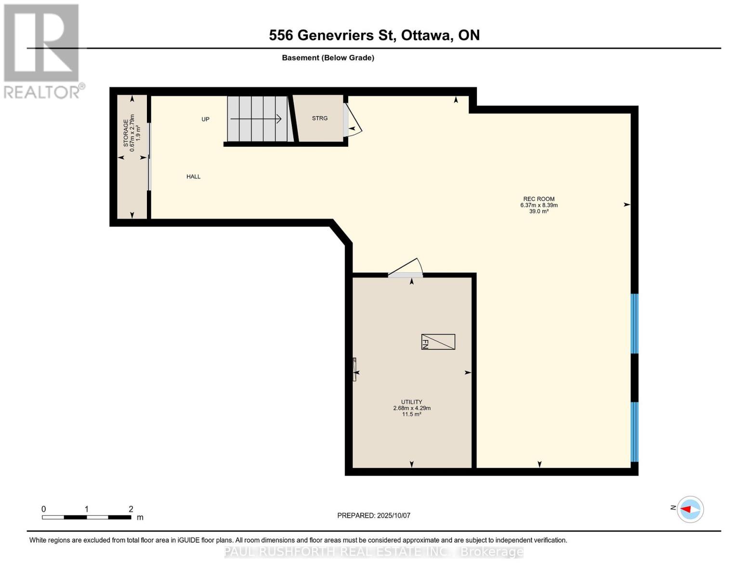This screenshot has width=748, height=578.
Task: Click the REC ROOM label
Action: pos(538,199)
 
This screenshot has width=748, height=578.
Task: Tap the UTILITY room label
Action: pos(411,402)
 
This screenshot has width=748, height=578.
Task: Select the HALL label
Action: pos(193,177)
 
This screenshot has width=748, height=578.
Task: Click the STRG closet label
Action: pos(319,118)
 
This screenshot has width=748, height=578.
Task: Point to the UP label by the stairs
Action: pos(205,119)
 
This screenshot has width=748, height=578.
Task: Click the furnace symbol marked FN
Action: pos(438,342)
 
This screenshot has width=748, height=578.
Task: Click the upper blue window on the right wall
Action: pos(634,324)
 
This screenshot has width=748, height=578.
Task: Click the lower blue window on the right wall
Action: pos(634,432)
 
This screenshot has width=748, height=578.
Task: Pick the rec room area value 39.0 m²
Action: pos(538,211)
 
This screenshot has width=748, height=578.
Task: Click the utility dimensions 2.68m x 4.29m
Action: pos(411,408)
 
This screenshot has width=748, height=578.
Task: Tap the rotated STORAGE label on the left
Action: pos(126,133)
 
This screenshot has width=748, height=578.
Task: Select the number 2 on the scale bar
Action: pos(131,509)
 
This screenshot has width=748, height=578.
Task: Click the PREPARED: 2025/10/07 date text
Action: pos(373,515)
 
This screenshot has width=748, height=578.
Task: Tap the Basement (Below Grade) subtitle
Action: pos(328,58)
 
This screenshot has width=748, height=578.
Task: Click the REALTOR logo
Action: pos(42,51)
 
